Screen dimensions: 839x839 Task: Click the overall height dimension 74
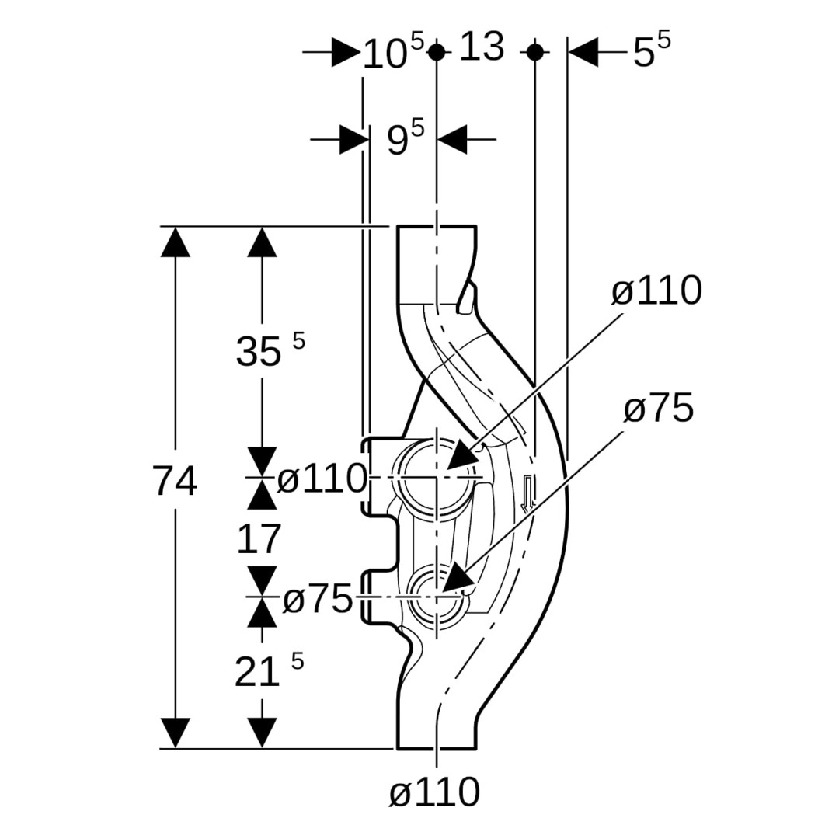(x=175, y=482)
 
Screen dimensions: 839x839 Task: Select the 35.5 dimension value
(x=269, y=352)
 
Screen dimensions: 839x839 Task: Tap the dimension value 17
(x=258, y=539)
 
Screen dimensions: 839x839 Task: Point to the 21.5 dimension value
(x=268, y=671)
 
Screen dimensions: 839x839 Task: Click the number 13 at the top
(x=482, y=47)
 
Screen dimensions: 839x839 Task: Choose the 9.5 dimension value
(x=406, y=140)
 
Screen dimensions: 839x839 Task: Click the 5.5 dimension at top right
(x=651, y=52)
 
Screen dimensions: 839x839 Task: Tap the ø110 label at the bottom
(x=434, y=793)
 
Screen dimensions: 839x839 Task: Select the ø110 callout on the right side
(x=656, y=291)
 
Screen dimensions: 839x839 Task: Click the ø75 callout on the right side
(x=658, y=409)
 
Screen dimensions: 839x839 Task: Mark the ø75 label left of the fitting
(x=318, y=600)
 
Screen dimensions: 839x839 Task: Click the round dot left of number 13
(x=437, y=52)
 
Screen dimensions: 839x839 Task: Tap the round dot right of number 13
(x=534, y=52)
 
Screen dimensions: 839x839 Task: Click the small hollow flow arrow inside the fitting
(x=528, y=494)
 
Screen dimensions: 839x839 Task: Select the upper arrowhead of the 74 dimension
(x=176, y=242)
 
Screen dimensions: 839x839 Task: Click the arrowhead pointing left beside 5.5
(x=583, y=52)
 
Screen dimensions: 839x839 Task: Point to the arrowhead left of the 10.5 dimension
(x=346, y=53)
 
